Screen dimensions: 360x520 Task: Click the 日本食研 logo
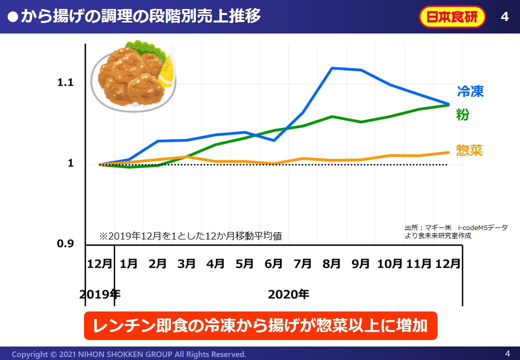[452, 17]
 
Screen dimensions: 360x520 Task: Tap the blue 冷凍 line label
[470, 91]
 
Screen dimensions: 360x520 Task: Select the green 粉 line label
[462, 114]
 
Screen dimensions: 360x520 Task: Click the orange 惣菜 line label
[469, 150]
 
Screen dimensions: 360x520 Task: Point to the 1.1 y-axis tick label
[65, 82]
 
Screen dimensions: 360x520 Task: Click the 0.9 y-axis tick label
[65, 244]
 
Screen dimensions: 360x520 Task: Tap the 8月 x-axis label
[331, 263]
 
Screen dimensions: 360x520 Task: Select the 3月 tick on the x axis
[186, 263]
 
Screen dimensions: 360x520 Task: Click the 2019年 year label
[99, 294]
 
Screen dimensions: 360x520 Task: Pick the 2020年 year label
[288, 294]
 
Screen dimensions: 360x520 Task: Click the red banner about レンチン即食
[260, 325]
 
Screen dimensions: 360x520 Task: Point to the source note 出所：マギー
[455, 231]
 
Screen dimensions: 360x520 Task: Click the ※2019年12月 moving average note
[190, 235]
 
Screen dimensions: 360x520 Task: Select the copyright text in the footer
[128, 354]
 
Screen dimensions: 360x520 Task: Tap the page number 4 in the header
[504, 17]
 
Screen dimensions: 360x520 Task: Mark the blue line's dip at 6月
[274, 140]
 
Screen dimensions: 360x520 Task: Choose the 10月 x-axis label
[389, 263]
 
